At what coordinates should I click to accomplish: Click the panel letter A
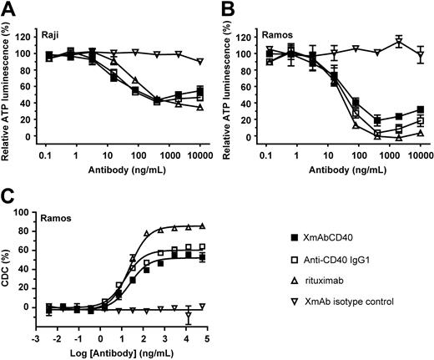click(x=8, y=8)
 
